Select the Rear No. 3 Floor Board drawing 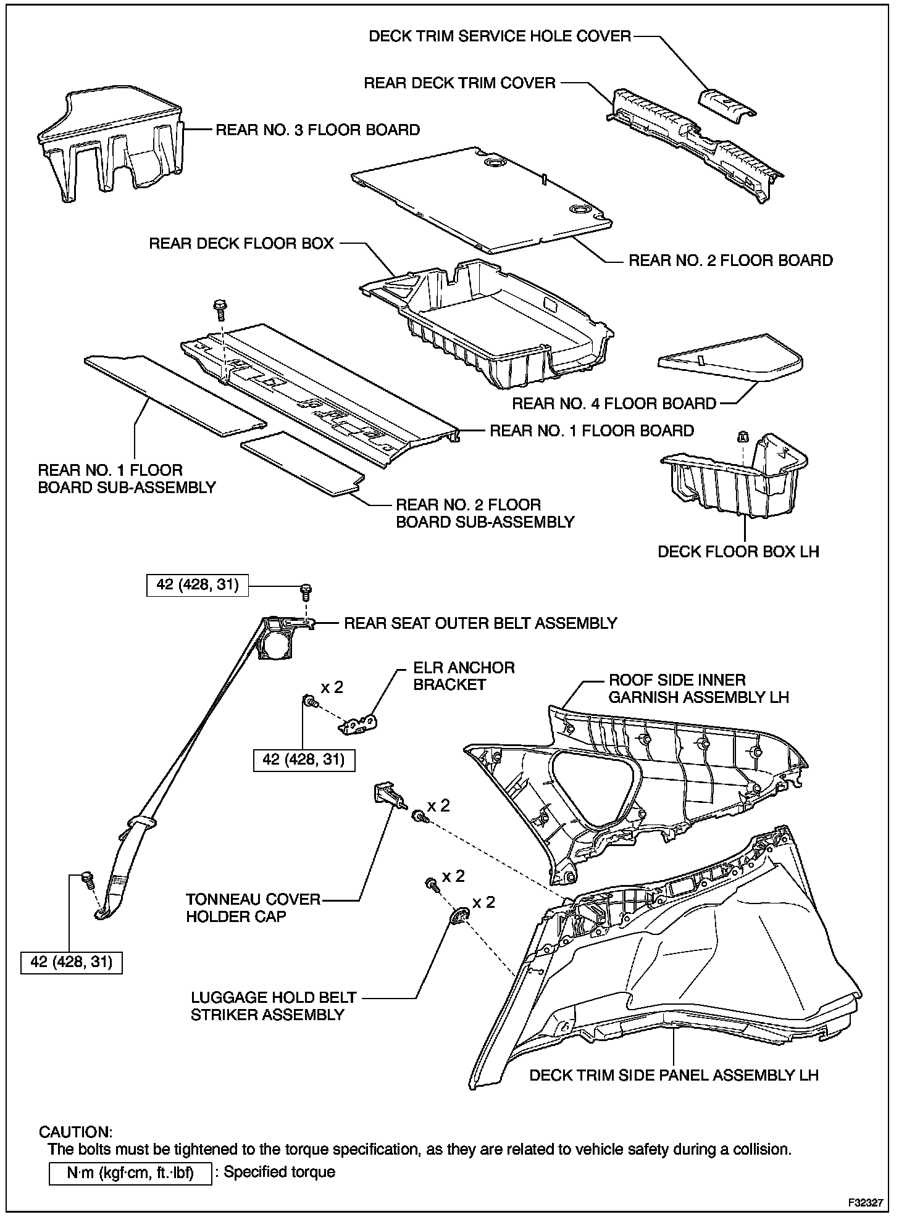coord(111,145)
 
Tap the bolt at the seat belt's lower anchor coord(86,877)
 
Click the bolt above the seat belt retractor coord(304,591)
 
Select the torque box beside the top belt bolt coord(198,584)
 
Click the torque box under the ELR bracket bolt coord(304,759)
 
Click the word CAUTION coord(75,1131)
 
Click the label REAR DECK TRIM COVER coord(460,83)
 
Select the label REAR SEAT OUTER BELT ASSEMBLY coord(480,623)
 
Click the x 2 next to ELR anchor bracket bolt coord(332,686)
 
